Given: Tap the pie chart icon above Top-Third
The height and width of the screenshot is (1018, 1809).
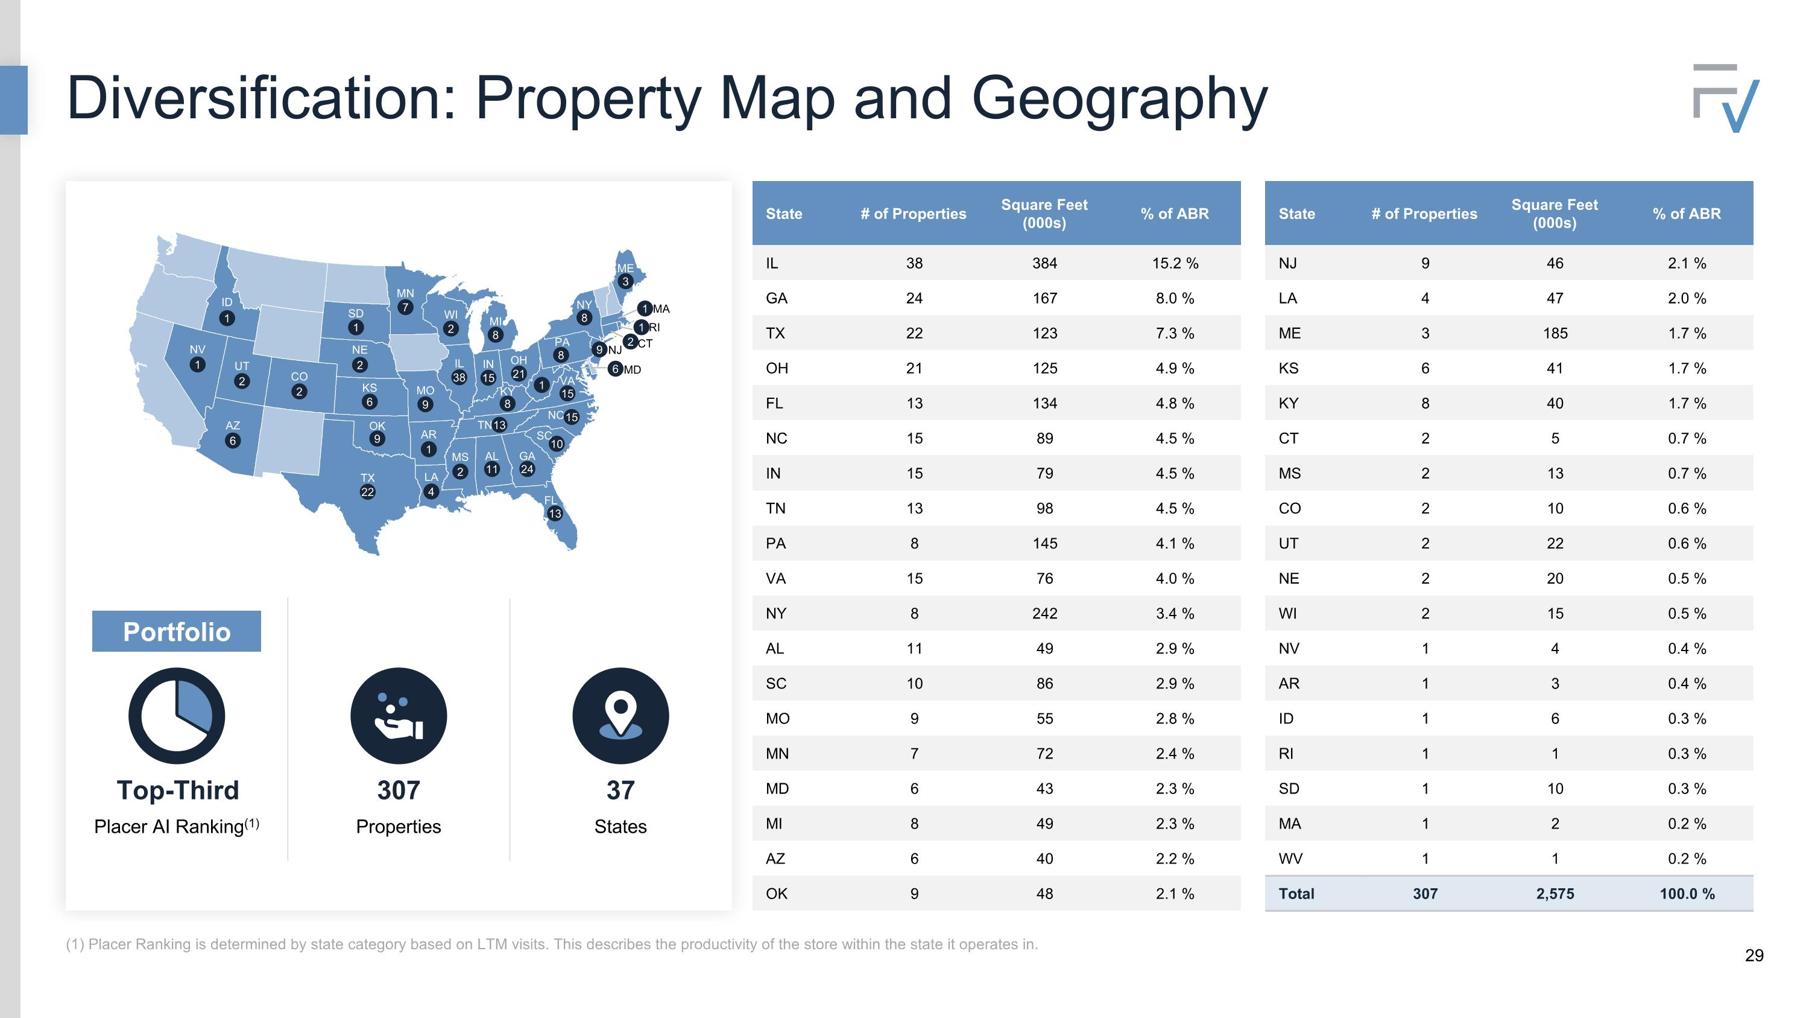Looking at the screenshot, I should tap(177, 715).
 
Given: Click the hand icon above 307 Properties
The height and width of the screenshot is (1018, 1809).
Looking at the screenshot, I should tap(398, 715).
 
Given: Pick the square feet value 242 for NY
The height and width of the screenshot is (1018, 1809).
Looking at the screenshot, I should tap(1044, 613).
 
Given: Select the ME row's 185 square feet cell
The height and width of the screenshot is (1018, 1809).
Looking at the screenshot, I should tap(1555, 333).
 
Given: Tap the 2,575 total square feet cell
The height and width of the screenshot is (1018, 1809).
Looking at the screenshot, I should tap(1555, 894).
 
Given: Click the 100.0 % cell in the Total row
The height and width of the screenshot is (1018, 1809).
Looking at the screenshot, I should tap(1687, 894).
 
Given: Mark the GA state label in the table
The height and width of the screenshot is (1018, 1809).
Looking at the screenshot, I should tap(776, 298).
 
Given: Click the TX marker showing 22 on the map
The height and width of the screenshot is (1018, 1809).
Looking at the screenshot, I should tap(367, 492).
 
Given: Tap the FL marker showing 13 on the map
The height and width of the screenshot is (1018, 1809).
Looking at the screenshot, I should tap(555, 514).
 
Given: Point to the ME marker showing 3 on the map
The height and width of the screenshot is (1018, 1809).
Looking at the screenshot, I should tap(625, 282).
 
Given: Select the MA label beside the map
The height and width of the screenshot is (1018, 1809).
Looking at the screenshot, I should tap(661, 308).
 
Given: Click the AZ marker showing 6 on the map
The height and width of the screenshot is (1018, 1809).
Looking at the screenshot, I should tap(232, 441).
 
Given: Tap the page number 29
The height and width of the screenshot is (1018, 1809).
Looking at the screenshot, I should tap(1754, 955).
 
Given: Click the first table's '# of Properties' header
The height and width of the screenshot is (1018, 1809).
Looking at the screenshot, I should tap(913, 214).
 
